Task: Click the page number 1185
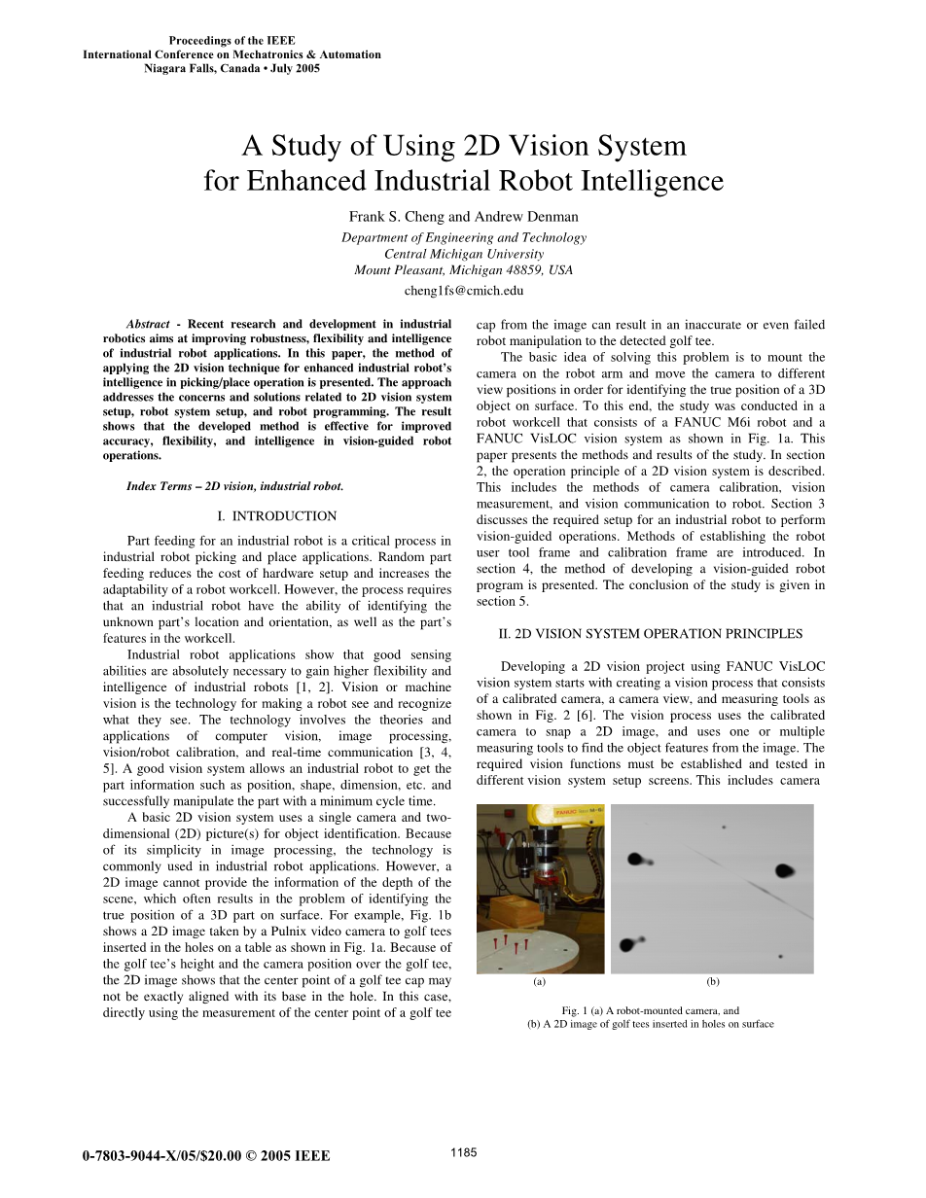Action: [464, 1152]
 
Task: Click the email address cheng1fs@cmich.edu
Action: [464, 290]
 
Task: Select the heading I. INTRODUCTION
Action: [277, 516]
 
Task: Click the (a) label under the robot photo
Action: [540, 982]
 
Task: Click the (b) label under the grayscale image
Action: [712, 982]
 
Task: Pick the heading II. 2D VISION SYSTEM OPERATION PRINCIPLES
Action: [651, 634]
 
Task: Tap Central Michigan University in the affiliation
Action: [464, 254]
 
